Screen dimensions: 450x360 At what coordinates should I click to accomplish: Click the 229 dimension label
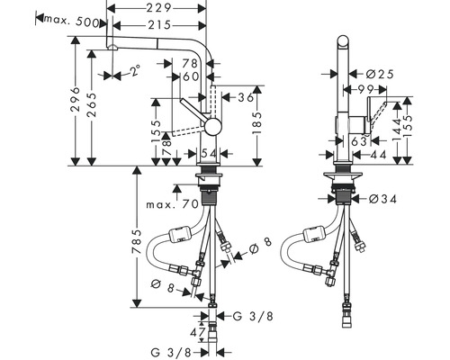[x=158, y=8]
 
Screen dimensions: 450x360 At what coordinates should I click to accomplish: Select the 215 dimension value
[x=159, y=25]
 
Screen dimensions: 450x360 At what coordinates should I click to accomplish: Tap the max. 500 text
[x=72, y=22]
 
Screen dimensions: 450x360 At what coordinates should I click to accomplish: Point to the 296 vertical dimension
[x=75, y=99]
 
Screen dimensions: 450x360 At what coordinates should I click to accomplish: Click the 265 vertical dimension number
[x=92, y=104]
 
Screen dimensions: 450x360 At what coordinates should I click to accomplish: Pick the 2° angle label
[x=135, y=70]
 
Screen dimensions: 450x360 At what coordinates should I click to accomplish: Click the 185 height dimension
[x=257, y=123]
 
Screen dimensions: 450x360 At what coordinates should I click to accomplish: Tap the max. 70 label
[x=173, y=204]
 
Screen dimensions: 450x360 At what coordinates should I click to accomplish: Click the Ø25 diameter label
[x=380, y=74]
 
